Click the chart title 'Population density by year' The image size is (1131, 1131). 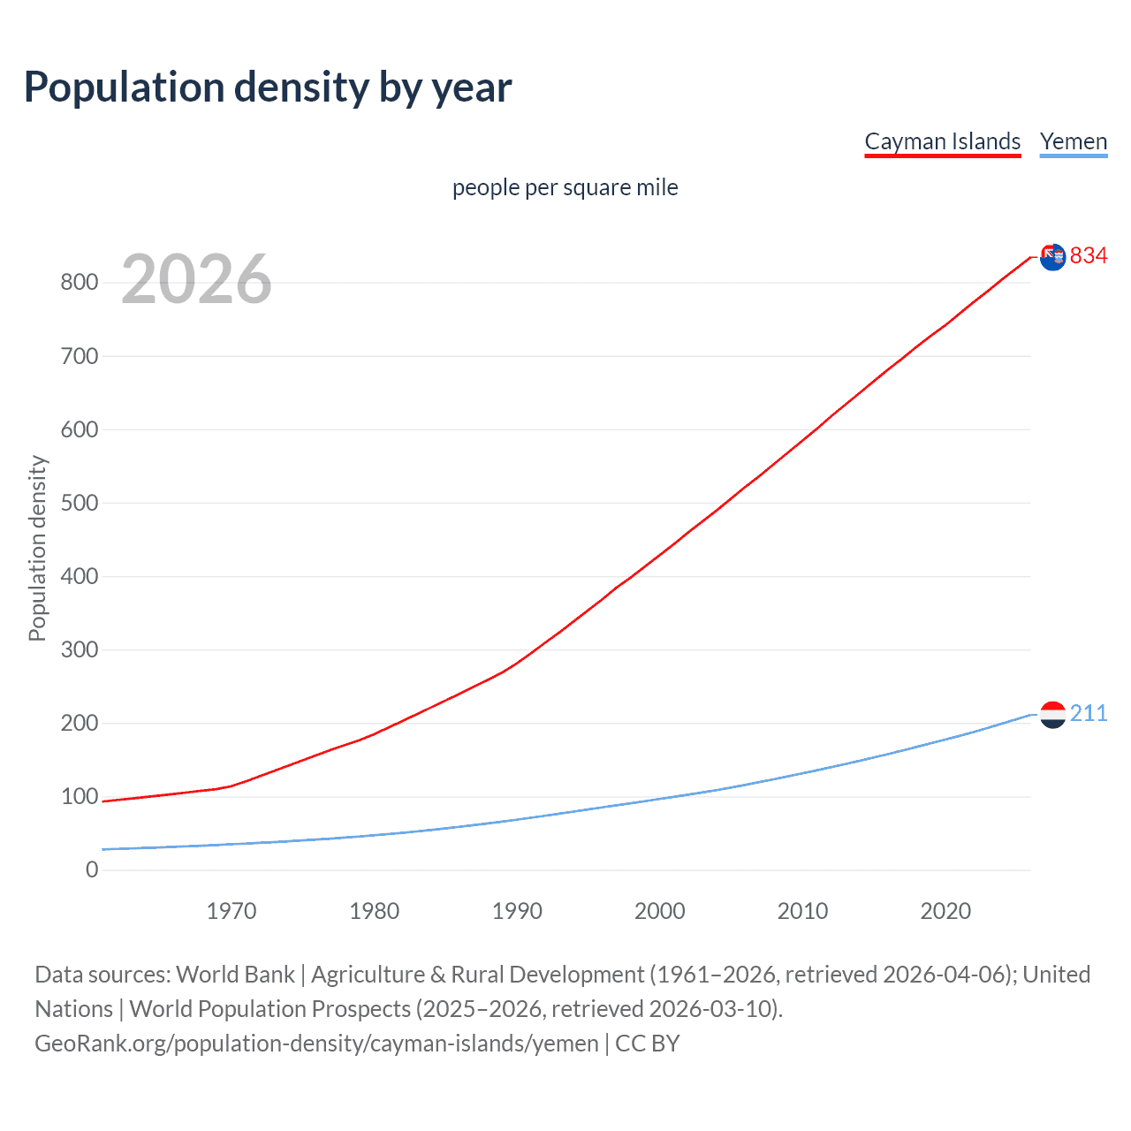[x=268, y=87]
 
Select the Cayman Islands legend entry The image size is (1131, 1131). [x=942, y=141]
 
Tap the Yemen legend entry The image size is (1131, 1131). [x=1073, y=141]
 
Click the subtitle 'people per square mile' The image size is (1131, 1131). [x=565, y=187]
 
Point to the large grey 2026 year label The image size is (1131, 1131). [x=196, y=279]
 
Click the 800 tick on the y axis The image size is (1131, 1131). [x=79, y=283]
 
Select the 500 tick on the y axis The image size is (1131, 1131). [x=79, y=503]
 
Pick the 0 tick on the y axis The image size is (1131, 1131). [x=92, y=870]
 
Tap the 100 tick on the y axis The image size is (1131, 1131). [x=79, y=797]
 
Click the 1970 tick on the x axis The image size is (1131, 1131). [x=232, y=911]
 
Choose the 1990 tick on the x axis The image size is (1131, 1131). [x=517, y=911]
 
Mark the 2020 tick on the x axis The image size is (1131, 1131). [x=945, y=911]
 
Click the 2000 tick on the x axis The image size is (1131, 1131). [x=660, y=911]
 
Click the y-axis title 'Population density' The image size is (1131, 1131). [x=37, y=548]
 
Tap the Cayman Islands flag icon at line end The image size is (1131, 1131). [x=1052, y=257]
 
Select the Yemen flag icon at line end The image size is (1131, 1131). [x=1052, y=715]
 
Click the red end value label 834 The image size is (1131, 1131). [x=1089, y=256]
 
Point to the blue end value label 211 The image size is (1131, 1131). [x=1089, y=714]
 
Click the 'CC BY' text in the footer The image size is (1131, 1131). [x=648, y=1044]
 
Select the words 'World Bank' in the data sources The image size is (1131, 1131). [x=235, y=975]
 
